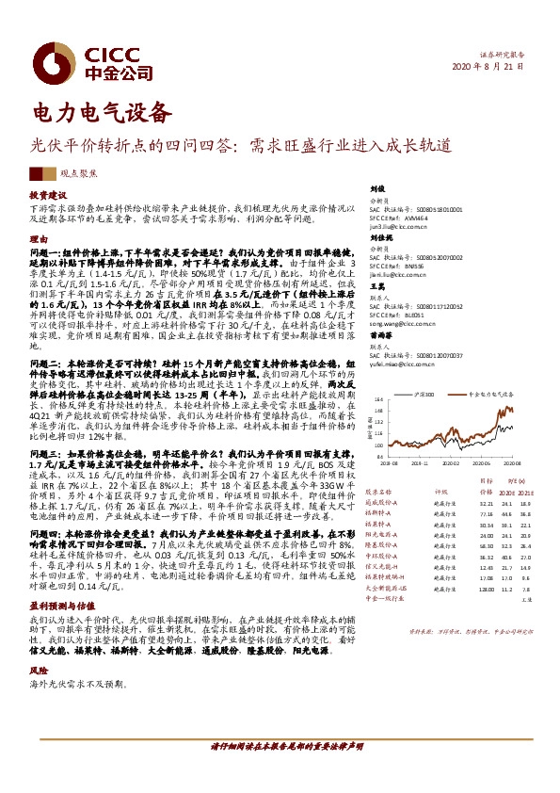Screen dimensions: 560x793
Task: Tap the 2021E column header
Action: [x=526, y=491]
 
